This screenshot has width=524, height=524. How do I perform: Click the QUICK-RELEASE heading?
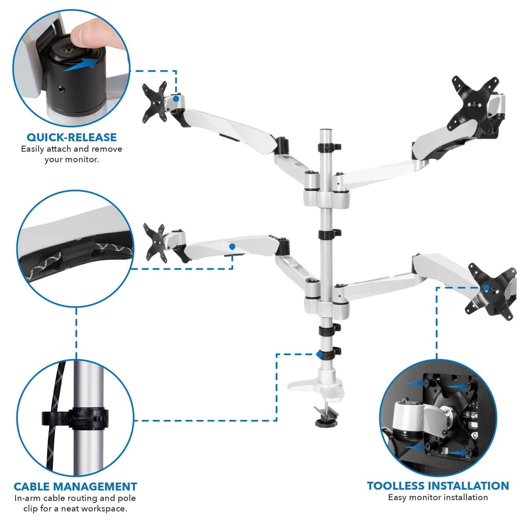[x=72, y=137]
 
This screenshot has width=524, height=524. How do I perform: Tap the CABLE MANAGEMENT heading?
[x=75, y=486]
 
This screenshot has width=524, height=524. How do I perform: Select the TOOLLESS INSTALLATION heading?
[x=438, y=486]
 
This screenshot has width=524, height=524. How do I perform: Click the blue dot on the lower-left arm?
[x=232, y=247]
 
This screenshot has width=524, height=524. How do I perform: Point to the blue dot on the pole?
[x=319, y=354]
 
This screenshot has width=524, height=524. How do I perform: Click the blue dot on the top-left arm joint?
[x=176, y=99]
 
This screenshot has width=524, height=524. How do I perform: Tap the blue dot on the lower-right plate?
[x=486, y=288]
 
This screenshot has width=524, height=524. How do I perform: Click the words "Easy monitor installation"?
[x=438, y=497]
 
